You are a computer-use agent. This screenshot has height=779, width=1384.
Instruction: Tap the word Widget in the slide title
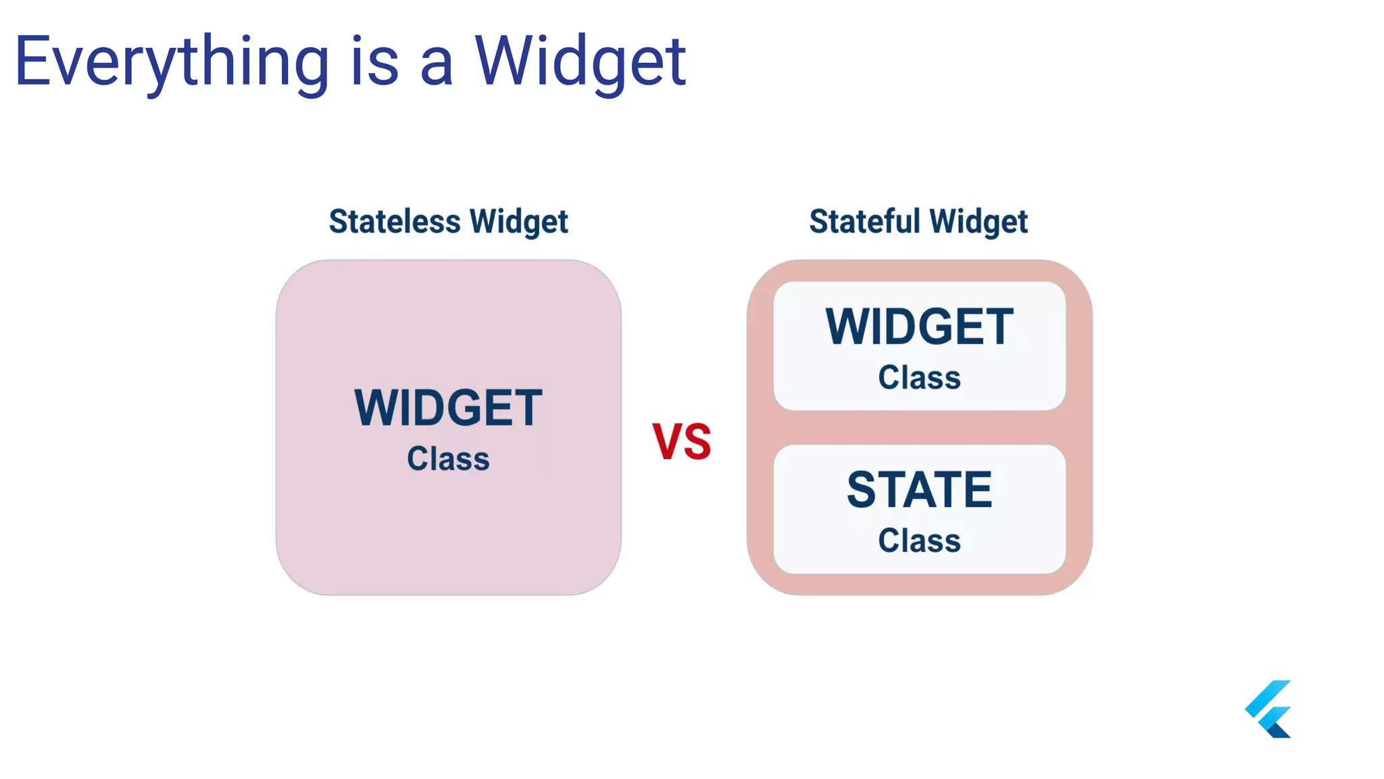580,62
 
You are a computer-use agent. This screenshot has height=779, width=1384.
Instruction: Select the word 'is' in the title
374,62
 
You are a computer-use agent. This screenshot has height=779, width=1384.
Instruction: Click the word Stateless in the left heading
395,222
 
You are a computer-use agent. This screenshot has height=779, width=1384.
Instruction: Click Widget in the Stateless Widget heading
518,222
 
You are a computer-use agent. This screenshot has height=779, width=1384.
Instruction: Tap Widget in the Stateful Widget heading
978,222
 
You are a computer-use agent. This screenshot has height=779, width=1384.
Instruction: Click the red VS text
681,442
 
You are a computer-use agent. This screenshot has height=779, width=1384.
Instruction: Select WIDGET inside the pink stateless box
448,408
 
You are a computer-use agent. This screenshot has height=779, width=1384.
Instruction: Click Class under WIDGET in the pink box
448,459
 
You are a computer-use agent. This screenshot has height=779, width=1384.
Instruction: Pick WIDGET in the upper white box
919,327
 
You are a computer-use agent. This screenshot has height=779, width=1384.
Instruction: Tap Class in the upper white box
919,377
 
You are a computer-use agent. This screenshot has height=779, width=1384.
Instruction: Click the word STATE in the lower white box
919,490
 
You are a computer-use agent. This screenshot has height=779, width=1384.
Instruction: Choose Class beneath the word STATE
919,541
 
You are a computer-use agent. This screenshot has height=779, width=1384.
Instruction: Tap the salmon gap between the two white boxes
919,427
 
